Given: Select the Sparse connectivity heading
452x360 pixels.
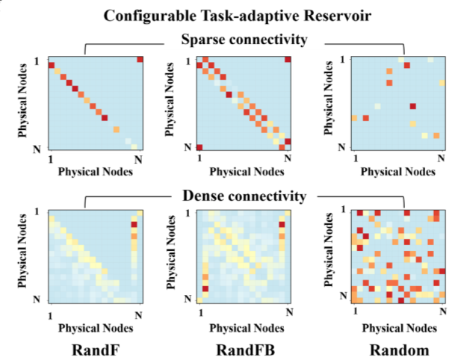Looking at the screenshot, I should tap(244, 40).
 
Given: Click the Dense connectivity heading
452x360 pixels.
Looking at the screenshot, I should tap(244, 196).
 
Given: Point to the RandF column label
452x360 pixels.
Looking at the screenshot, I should tap(93, 350).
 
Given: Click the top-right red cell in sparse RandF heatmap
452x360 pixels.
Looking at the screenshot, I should tap(139, 60).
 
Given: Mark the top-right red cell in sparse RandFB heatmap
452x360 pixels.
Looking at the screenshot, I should tap(287, 60).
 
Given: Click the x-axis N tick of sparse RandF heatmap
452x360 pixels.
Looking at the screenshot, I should tap(137, 159).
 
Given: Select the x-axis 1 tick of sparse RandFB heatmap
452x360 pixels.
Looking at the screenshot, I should tap(199, 159).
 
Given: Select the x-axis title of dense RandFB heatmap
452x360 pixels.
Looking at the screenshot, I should tap(244, 327).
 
